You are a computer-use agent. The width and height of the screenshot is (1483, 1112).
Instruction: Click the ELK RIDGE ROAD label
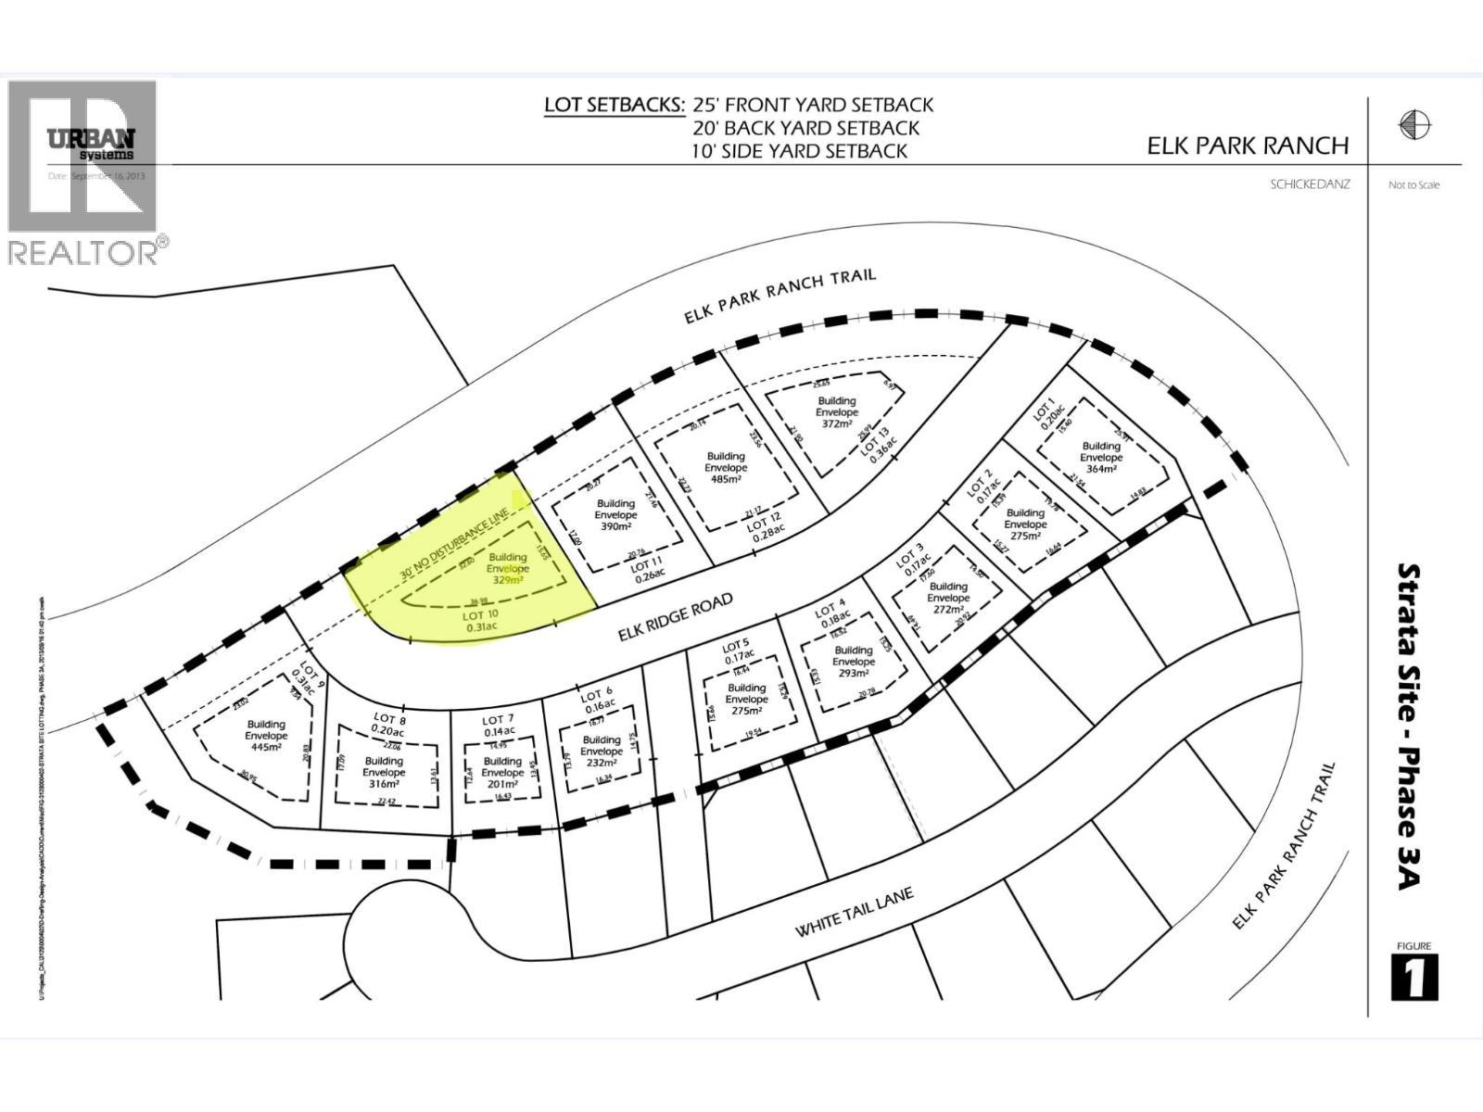[x=676, y=617]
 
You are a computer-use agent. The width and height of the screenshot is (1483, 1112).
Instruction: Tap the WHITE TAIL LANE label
[x=854, y=911]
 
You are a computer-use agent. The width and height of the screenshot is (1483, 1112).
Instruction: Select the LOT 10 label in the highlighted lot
[x=480, y=614]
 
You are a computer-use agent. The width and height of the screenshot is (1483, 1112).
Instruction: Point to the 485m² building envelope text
[x=726, y=479]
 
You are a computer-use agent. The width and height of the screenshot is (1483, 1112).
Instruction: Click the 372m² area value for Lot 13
[x=836, y=424]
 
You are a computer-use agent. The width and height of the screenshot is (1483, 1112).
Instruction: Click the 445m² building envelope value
[x=265, y=747]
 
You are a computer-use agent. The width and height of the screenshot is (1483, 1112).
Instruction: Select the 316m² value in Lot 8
[x=384, y=784]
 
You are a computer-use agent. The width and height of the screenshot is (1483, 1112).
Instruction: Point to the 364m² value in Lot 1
[x=1101, y=469]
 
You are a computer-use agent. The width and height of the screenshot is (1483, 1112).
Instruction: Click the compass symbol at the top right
[x=1414, y=124]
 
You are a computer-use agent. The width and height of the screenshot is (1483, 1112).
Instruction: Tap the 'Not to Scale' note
[x=1413, y=185]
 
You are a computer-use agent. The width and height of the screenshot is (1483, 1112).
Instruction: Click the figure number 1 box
[x=1414, y=978]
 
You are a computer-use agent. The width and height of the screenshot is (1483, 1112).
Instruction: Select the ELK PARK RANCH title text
[x=1248, y=145]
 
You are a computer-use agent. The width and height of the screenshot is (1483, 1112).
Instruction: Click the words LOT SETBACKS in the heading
[x=614, y=105]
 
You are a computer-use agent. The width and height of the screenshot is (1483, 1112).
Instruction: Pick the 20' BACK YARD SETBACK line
[x=805, y=128]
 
